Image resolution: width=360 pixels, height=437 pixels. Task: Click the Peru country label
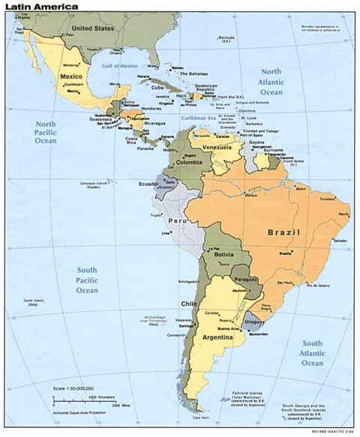click(176, 222)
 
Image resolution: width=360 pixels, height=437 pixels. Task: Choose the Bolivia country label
click(226, 256)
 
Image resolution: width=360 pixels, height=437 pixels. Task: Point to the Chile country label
click(187, 304)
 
